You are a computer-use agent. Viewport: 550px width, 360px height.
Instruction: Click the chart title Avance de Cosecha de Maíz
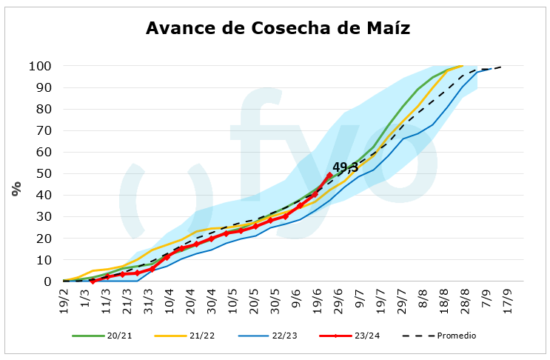[x=278, y=28]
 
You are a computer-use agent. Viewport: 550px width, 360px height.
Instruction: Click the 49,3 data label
[x=345, y=168]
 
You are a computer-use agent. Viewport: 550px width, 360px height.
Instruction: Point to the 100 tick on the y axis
[x=41, y=66]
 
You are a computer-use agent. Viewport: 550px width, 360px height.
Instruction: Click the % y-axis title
[x=16, y=189]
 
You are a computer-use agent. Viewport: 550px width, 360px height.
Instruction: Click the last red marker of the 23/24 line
[x=329, y=176]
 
